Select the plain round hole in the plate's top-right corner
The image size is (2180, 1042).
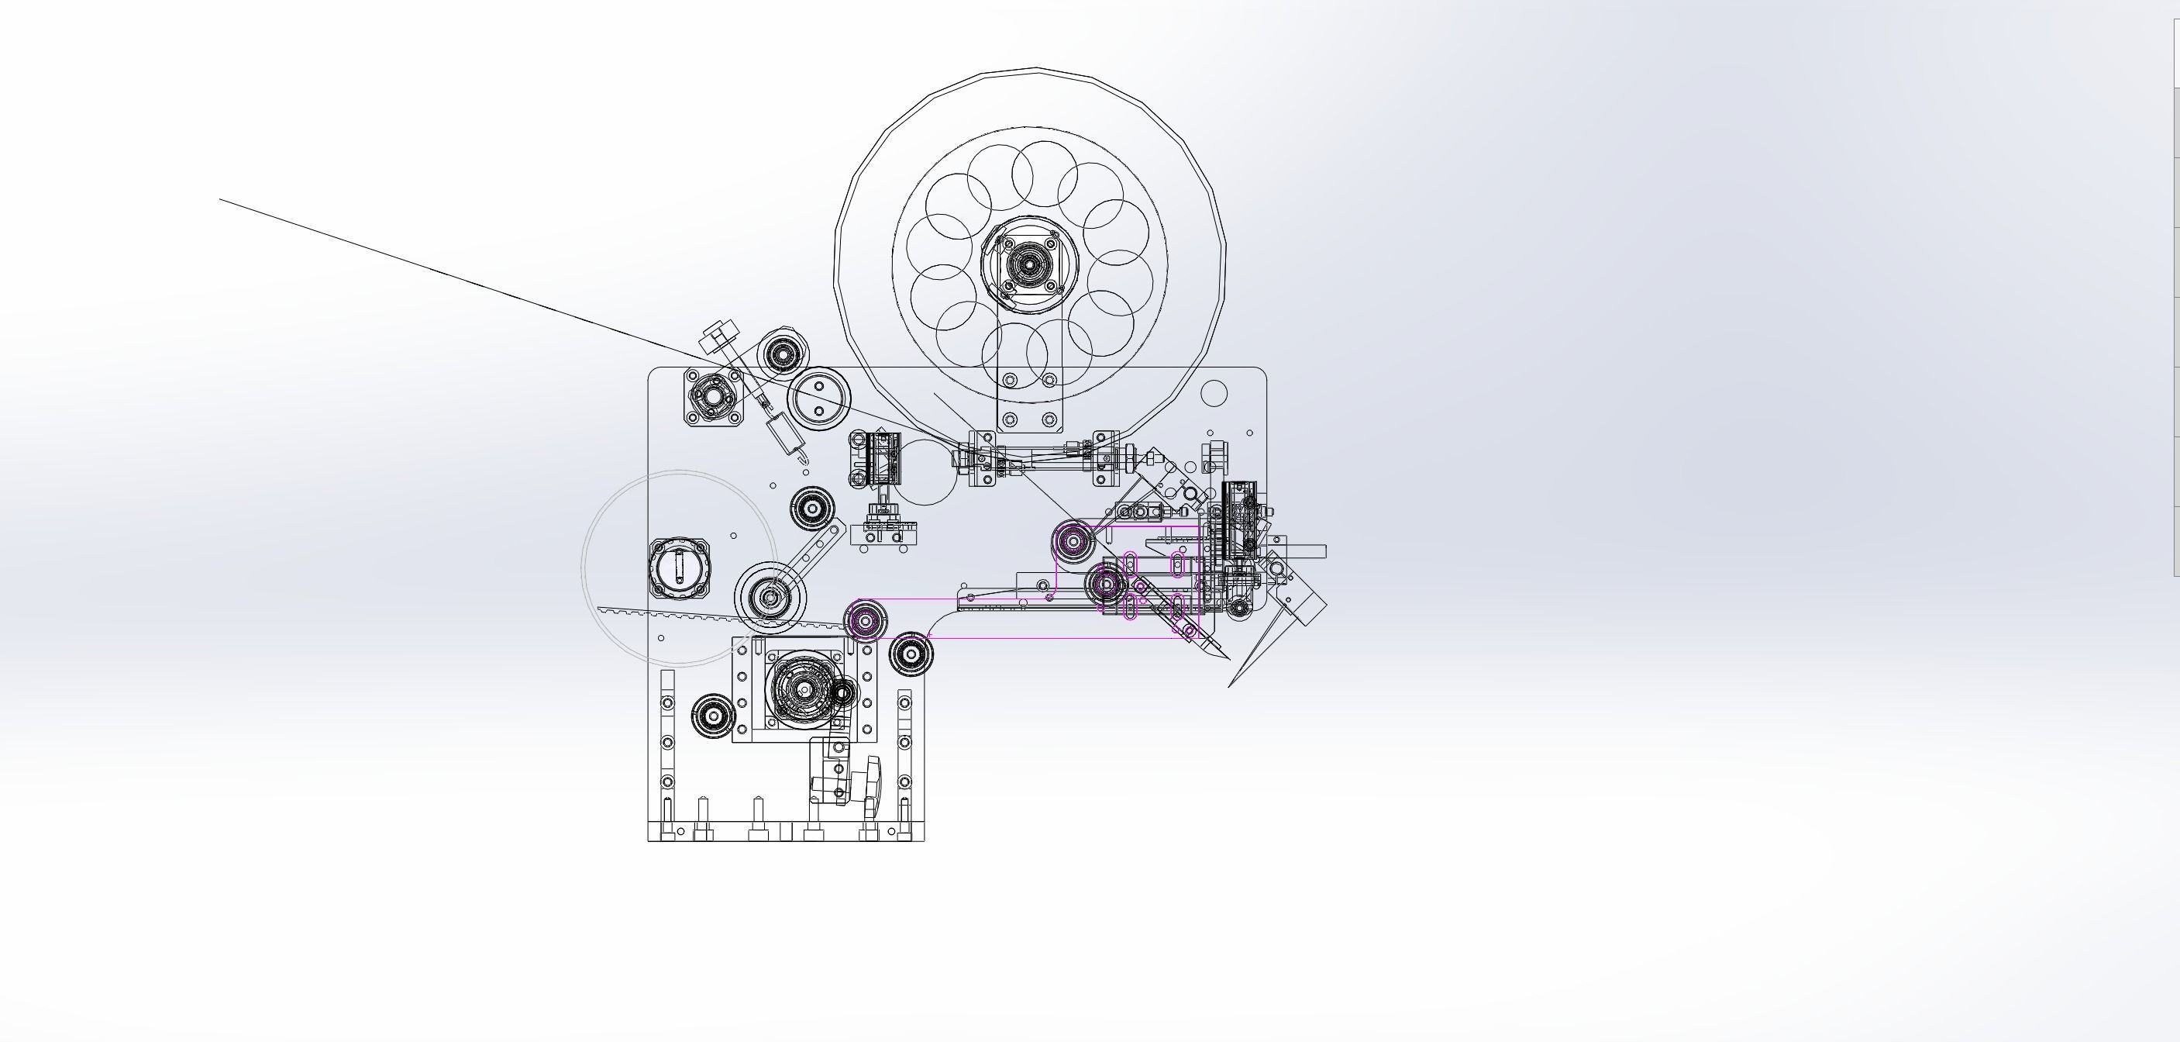(x=1214, y=393)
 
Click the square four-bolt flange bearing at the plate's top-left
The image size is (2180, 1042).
(x=714, y=395)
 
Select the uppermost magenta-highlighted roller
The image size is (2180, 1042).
(x=1074, y=540)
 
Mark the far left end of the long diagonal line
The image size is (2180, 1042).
(x=221, y=200)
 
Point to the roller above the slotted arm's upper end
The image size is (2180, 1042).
(x=812, y=509)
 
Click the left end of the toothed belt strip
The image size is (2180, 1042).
(x=600, y=609)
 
